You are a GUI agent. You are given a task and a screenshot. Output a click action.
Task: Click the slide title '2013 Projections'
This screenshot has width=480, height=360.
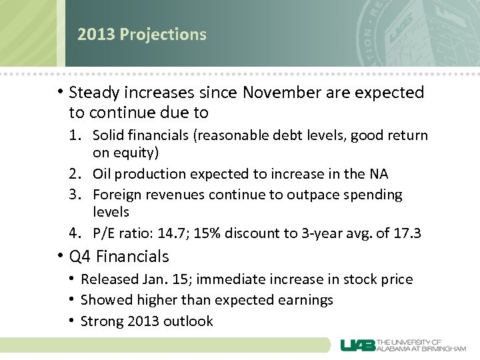[x=141, y=35]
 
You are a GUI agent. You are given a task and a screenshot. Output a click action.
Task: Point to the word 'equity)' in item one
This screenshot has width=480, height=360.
[x=136, y=153]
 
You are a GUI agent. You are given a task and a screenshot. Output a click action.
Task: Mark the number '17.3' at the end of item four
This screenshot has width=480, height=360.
[x=408, y=233]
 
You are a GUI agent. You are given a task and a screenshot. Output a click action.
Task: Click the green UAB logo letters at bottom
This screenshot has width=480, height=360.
[x=357, y=345]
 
